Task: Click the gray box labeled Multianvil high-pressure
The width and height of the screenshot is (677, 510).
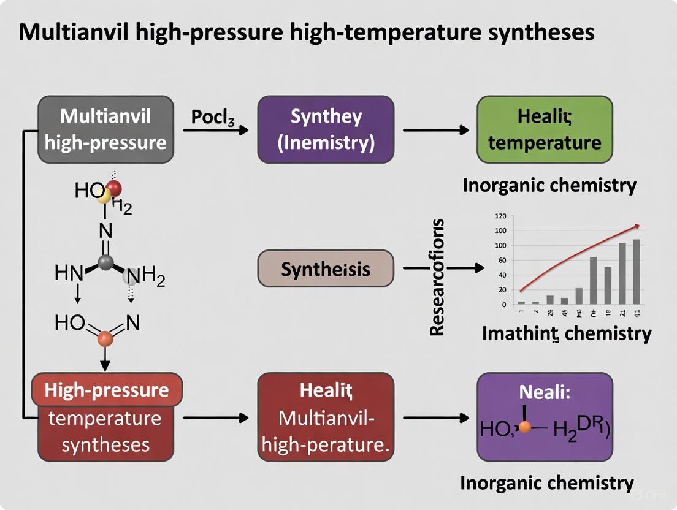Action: coord(105,129)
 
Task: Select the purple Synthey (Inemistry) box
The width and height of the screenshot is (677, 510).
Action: coord(326,129)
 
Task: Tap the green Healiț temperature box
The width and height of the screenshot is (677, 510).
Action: coord(545,129)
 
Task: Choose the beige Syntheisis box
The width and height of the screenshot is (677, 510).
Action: coord(326,268)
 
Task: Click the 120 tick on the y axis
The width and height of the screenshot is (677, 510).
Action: coord(500,216)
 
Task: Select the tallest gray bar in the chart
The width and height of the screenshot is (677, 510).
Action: coord(636,272)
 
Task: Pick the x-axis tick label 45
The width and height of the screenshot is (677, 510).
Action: coord(564,312)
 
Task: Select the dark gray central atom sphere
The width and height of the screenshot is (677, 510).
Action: coord(105,263)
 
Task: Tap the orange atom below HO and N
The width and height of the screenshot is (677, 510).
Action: coord(105,337)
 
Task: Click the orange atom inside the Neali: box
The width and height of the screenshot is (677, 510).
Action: coord(524,427)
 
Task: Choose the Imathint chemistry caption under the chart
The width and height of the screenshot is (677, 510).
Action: coord(567,333)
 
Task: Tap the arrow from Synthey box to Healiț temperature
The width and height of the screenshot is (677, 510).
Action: coord(435,130)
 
